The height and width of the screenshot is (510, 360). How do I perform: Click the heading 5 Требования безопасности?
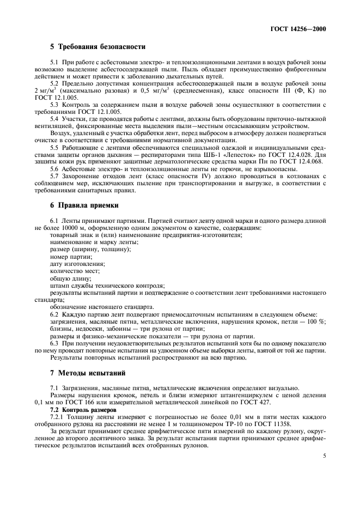(98, 47)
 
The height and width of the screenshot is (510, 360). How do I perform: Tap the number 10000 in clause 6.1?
(65, 228)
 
